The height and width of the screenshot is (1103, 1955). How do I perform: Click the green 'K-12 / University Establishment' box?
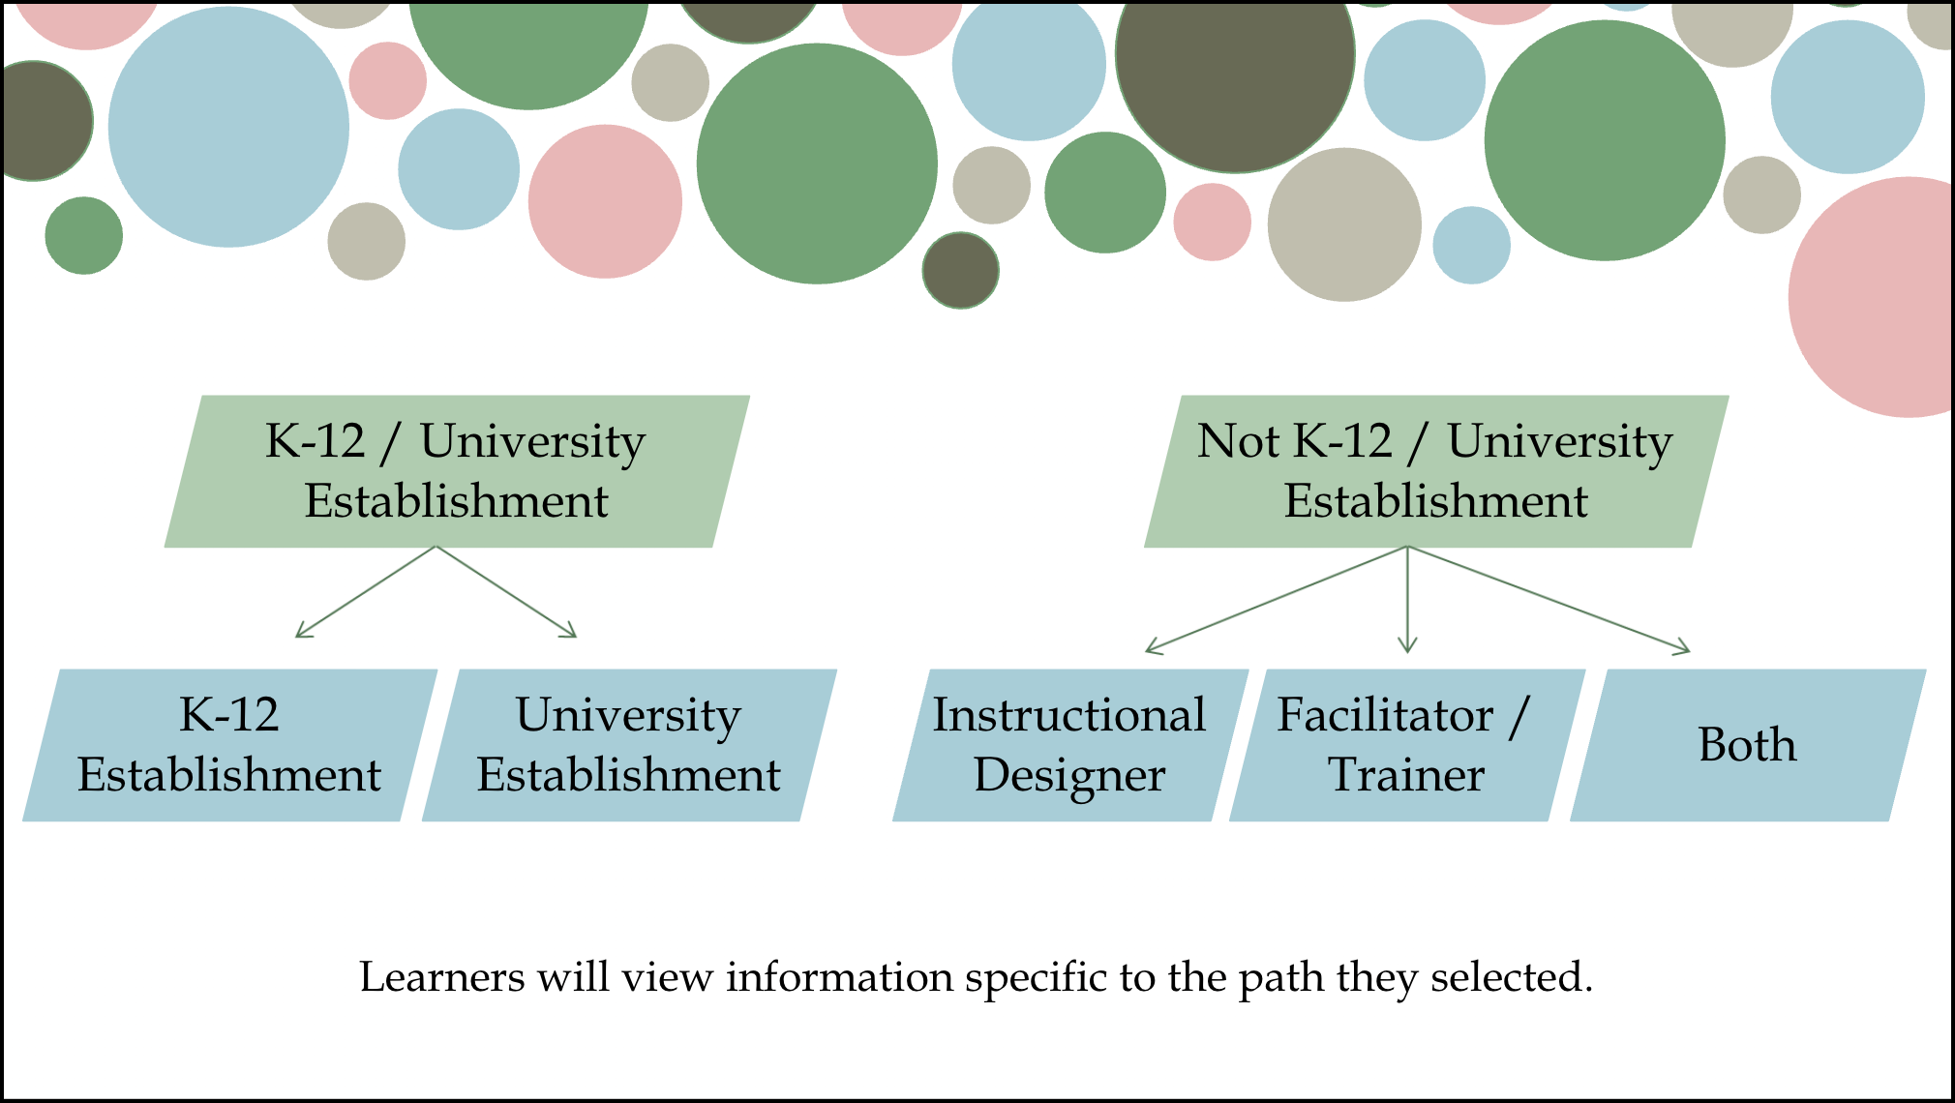click(457, 471)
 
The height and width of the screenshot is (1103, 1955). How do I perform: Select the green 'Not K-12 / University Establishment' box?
click(1436, 471)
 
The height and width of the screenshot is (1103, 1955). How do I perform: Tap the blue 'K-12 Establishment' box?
click(229, 745)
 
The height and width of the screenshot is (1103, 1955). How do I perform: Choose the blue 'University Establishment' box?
click(629, 745)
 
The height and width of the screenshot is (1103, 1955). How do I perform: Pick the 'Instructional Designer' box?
click(1069, 745)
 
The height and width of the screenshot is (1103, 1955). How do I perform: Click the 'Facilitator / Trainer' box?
click(1406, 745)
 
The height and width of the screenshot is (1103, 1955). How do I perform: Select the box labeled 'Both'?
click(1747, 745)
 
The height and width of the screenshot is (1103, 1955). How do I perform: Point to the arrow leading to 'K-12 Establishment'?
click(366, 591)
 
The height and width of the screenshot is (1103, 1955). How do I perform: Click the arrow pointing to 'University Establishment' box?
click(506, 591)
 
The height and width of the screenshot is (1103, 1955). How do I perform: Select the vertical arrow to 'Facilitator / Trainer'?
click(1407, 600)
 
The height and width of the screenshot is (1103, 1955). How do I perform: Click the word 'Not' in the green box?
click(1237, 441)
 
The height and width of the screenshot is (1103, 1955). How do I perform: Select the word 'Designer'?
click(1069, 776)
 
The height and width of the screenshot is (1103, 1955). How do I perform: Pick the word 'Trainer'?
click(1406, 775)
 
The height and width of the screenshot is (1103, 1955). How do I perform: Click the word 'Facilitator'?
click(1385, 715)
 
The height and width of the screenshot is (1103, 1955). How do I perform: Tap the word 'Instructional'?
click(1069, 715)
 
